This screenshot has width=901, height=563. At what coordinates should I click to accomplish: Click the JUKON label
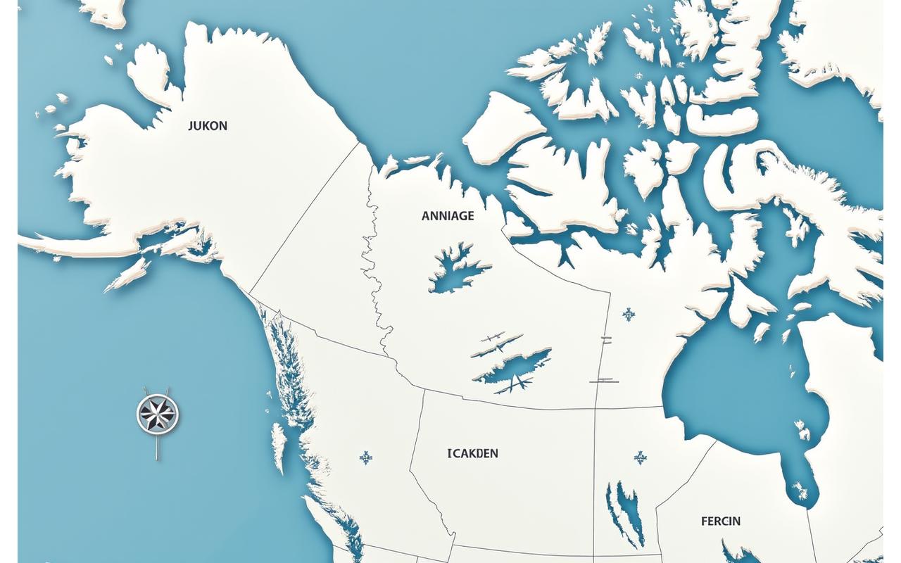pyautogui.click(x=208, y=126)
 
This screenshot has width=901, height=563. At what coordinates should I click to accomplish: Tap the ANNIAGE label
pyautogui.click(x=448, y=217)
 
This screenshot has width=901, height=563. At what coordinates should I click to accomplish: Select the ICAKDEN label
pyautogui.click(x=472, y=454)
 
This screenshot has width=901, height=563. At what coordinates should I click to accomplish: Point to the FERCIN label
pyautogui.click(x=720, y=521)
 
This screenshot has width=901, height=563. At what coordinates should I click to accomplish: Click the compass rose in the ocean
pyautogui.click(x=157, y=413)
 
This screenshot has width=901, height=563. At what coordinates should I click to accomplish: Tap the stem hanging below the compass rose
pyautogui.click(x=156, y=446)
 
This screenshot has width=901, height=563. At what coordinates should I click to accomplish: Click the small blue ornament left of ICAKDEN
pyautogui.click(x=365, y=458)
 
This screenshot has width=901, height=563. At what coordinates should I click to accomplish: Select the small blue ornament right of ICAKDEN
pyautogui.click(x=640, y=458)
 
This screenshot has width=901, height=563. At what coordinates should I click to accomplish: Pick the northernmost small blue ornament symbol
pyautogui.click(x=627, y=314)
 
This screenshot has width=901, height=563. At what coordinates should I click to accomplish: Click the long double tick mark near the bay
pyautogui.click(x=603, y=381)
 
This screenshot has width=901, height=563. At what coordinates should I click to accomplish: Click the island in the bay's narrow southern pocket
pyautogui.click(x=801, y=491)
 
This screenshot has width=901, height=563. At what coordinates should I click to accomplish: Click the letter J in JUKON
pyautogui.click(x=191, y=126)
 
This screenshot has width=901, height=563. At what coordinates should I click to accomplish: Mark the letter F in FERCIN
pyautogui.click(x=704, y=521)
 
